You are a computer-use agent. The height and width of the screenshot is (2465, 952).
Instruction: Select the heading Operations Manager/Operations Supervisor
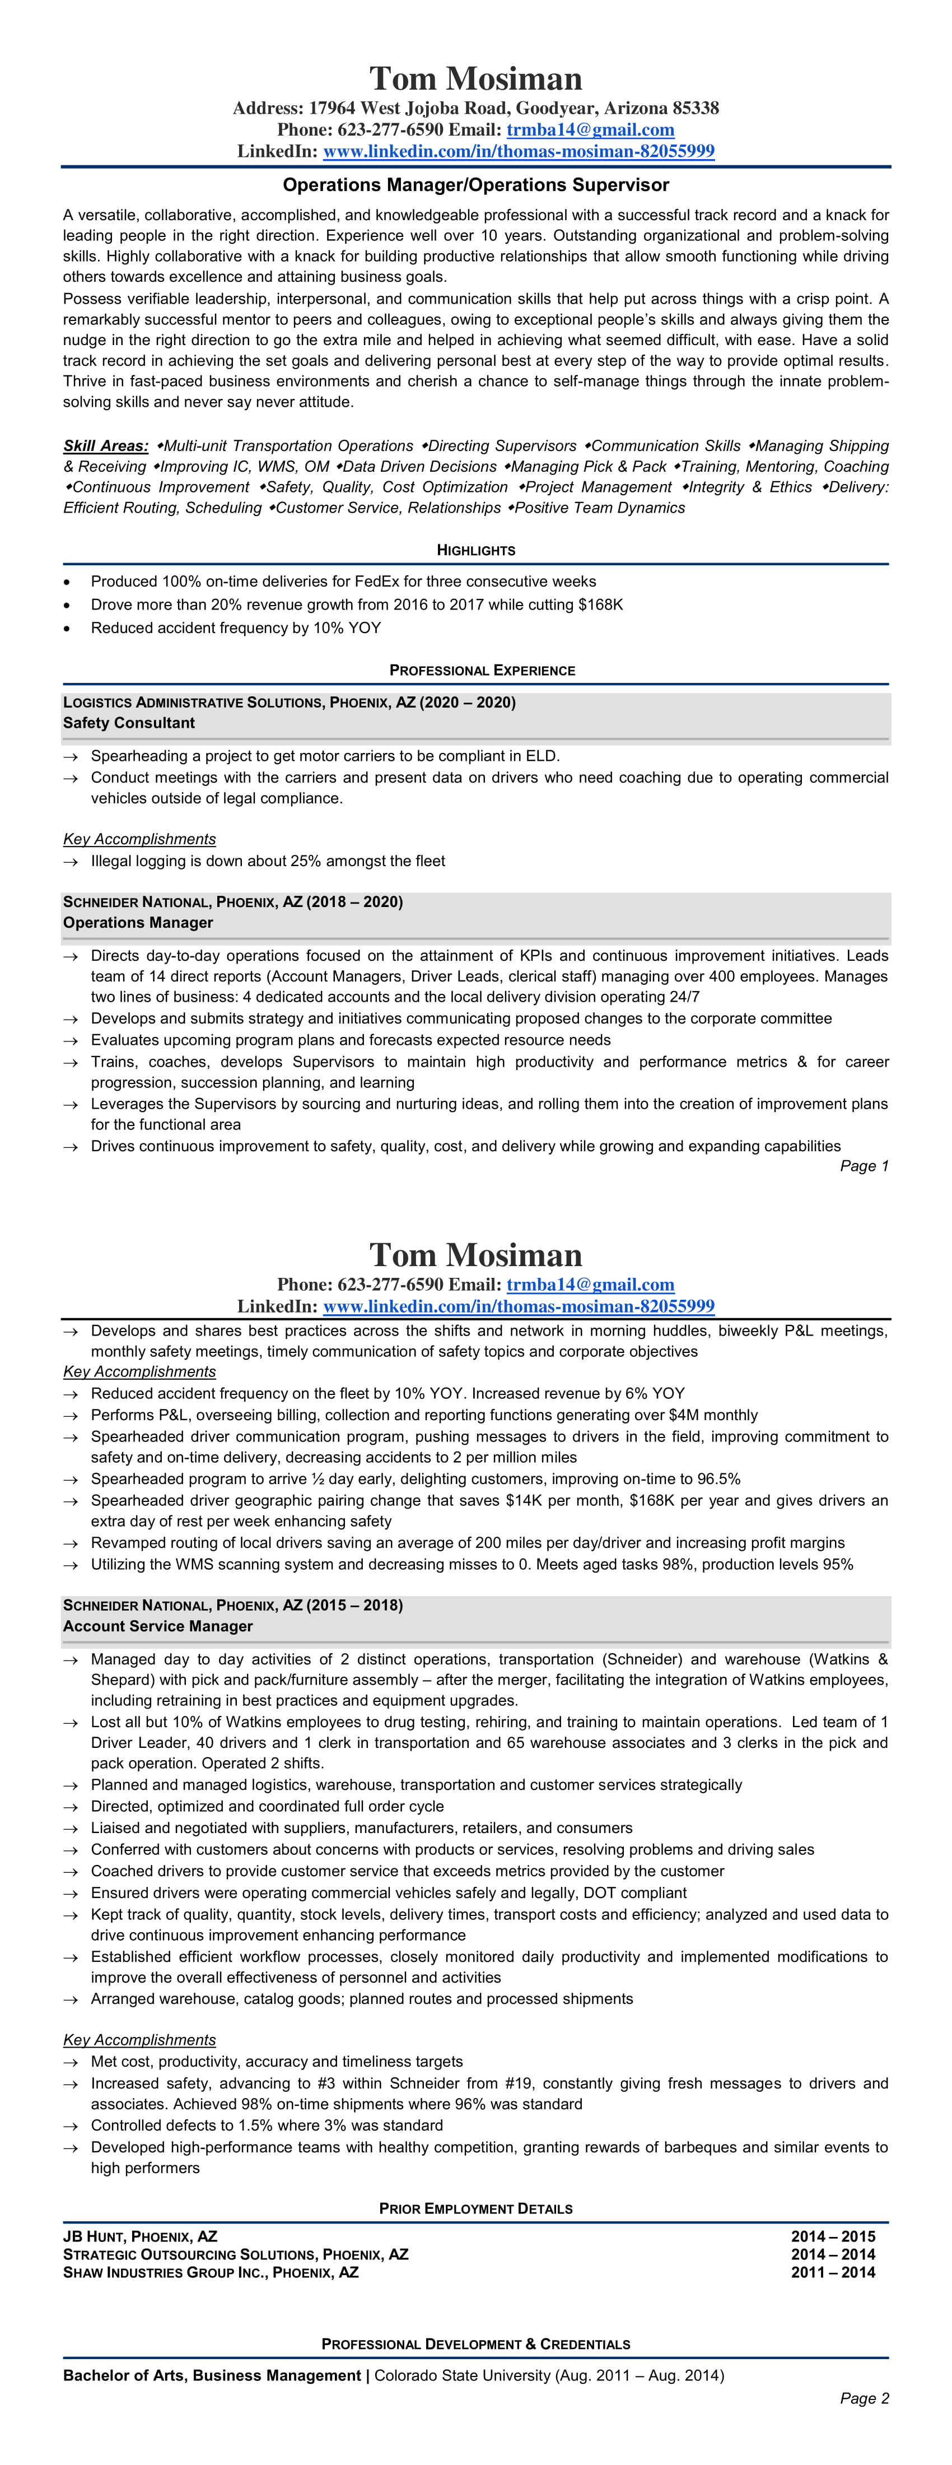pyautogui.click(x=475, y=185)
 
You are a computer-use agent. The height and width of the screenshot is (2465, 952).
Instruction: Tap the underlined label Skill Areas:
pyautogui.click(x=105, y=446)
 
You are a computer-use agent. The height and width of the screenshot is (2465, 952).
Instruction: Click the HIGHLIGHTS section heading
pyautogui.click(x=475, y=550)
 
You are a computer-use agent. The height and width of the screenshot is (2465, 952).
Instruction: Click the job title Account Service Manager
pyautogui.click(x=158, y=1627)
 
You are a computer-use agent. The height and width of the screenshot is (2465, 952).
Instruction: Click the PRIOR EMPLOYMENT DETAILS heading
pyautogui.click(x=475, y=2210)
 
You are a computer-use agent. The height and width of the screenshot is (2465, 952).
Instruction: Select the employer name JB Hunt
pyautogui.click(x=93, y=2237)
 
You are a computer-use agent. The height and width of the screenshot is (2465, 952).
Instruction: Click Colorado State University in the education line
pyautogui.click(x=461, y=2376)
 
